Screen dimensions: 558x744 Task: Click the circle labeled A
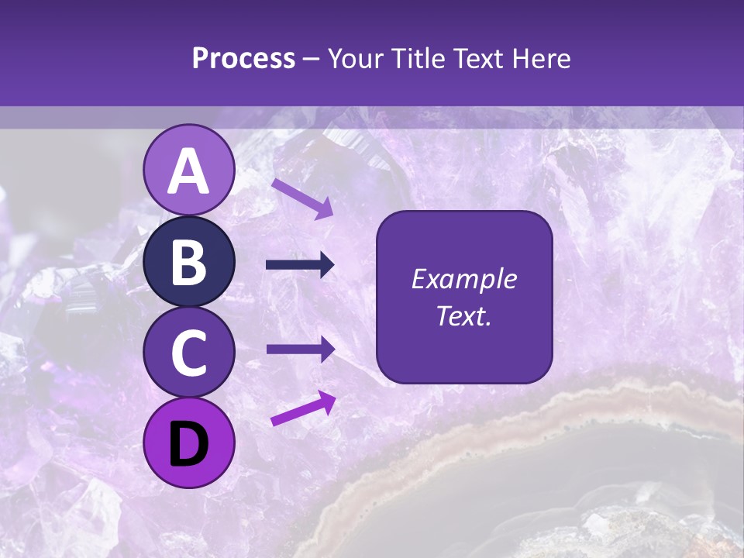click(x=189, y=170)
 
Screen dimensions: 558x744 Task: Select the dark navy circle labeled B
click(x=189, y=262)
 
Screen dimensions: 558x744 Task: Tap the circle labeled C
click(x=189, y=353)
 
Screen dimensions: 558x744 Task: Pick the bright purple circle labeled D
click(x=189, y=443)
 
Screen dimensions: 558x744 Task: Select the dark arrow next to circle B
click(x=300, y=265)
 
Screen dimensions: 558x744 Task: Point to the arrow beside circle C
click(x=300, y=349)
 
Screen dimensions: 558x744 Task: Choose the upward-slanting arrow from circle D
click(x=303, y=408)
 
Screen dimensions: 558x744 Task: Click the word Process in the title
click(x=243, y=58)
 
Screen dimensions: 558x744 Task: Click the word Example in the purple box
click(x=463, y=279)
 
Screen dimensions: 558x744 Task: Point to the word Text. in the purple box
click(x=463, y=315)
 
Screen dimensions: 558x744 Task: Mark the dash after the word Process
click(x=311, y=59)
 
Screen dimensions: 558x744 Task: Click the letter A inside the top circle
click(x=189, y=171)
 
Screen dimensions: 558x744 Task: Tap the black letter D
click(x=189, y=444)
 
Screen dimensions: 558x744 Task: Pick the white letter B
click(x=189, y=263)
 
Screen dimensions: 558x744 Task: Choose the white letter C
click(x=189, y=353)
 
